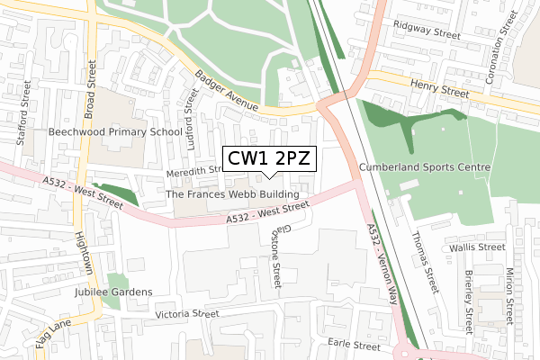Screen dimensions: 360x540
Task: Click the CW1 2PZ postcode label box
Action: click(269, 159)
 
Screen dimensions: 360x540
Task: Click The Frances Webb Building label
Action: click(233, 194)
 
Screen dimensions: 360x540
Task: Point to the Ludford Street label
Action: click(190, 117)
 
